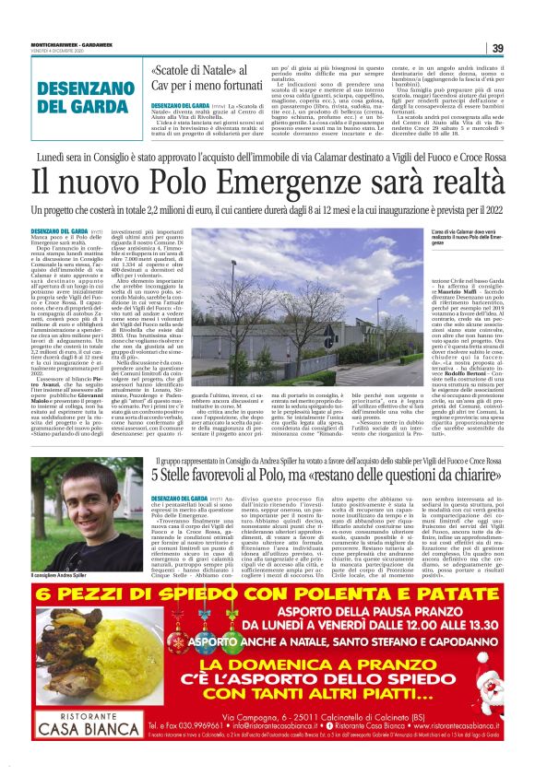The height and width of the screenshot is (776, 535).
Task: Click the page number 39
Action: pyautogui.click(x=497, y=48)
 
